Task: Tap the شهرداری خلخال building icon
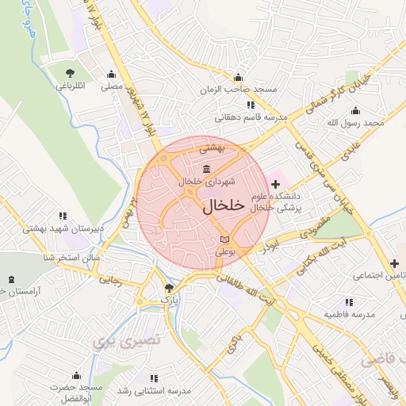pyautogui.click(x=206, y=167)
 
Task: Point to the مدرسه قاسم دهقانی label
pyautogui.click(x=246, y=117)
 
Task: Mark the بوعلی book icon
pyautogui.click(x=224, y=239)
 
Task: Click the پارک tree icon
pyautogui.click(x=167, y=288)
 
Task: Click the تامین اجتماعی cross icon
pyautogui.click(x=394, y=262)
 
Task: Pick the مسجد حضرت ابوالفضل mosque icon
pyautogui.click(x=76, y=375)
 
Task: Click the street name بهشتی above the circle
pyautogui.click(x=212, y=147)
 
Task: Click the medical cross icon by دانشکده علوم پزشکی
pyautogui.click(x=275, y=183)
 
